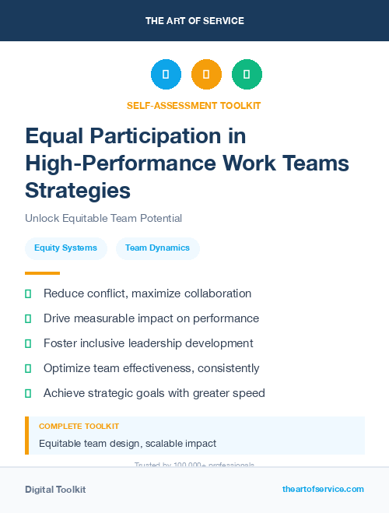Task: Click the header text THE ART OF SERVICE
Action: [x=194, y=21]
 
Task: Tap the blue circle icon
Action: [x=166, y=74]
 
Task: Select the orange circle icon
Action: [x=206, y=74]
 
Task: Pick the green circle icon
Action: [x=247, y=74]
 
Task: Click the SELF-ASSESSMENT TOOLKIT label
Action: [x=194, y=105]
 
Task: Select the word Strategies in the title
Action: [x=78, y=191]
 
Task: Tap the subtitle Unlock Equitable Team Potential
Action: [x=103, y=219]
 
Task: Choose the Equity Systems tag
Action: [x=65, y=248]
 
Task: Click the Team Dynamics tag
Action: [x=157, y=248]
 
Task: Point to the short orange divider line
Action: [x=42, y=273]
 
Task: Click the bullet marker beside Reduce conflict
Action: [x=29, y=294]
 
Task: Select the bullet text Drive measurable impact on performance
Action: [x=151, y=318]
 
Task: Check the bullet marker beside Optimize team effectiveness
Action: [x=29, y=368]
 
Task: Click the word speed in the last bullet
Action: [x=249, y=393]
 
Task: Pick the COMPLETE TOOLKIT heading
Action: [x=79, y=427]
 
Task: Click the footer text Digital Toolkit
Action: [x=55, y=490]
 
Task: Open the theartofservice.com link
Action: [x=323, y=489]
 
